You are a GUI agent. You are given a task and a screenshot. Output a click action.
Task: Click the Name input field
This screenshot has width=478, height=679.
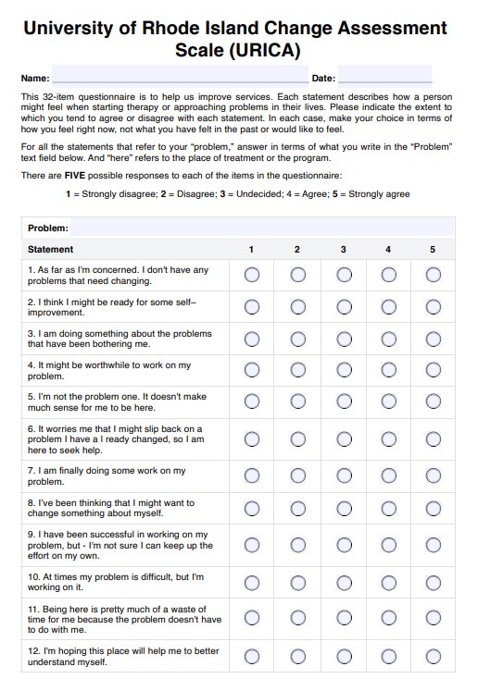coord(180,78)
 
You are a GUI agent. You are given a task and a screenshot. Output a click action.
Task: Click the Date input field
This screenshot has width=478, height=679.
coord(384,78)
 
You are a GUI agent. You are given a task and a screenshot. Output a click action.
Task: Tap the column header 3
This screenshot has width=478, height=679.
coord(343,250)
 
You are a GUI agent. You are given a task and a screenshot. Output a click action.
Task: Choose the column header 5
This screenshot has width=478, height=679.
coord(433,250)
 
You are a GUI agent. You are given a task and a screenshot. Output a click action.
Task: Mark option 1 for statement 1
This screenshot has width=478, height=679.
coord(252,275)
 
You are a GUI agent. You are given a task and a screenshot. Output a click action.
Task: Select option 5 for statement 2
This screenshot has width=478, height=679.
coord(433,306)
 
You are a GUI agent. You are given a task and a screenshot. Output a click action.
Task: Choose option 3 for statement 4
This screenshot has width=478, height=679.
coord(343,370)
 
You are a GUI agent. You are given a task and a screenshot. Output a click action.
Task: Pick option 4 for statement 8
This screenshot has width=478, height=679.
coord(388,508)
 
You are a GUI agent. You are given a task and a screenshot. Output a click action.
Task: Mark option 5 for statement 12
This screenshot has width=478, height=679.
coord(433,656)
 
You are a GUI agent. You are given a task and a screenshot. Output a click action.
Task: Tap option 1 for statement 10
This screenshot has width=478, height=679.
coord(252,582)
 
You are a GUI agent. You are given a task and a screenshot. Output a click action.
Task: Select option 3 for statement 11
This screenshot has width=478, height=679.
coord(343,619)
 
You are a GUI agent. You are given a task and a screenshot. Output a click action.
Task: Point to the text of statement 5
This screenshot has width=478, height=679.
coord(116,401)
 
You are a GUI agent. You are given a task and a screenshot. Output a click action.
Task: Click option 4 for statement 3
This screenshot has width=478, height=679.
coord(388,339)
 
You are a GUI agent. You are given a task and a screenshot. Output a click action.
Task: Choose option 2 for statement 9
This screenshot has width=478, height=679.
coord(297,545)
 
